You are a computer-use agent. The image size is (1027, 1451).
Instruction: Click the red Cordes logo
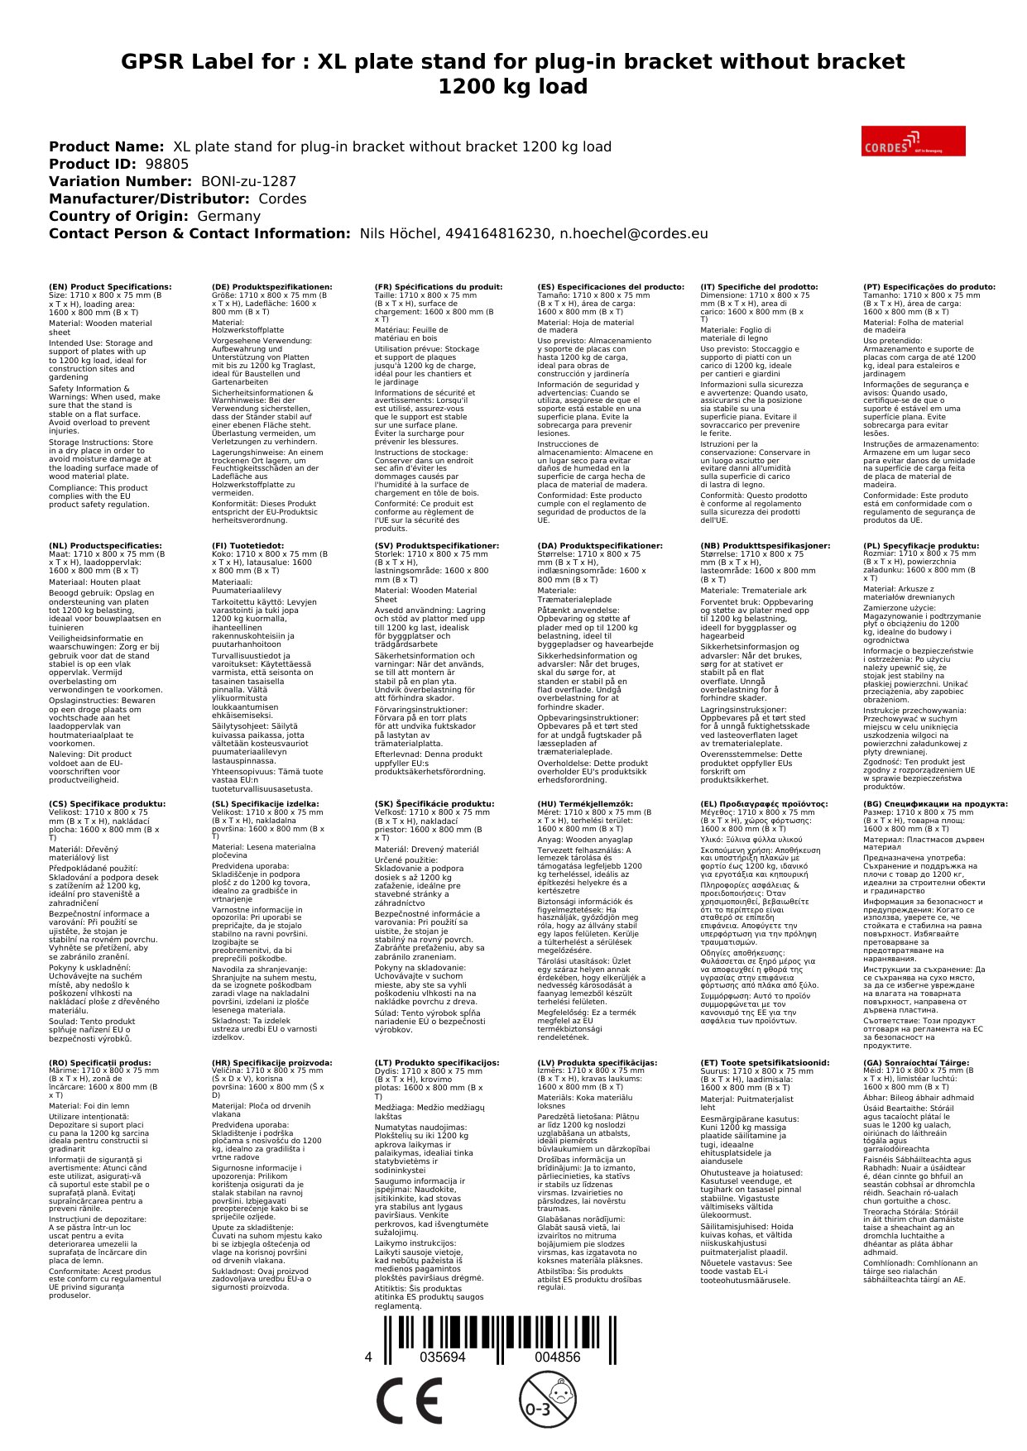click(913, 141)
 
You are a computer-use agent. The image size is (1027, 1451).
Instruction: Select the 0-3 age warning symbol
click(547, 1399)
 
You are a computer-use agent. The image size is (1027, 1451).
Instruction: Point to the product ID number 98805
click(167, 164)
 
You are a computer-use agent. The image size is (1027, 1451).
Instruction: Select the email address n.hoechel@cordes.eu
click(634, 233)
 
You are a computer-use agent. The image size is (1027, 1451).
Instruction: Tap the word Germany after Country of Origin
click(228, 216)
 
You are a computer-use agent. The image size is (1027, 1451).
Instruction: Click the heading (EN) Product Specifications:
click(110, 287)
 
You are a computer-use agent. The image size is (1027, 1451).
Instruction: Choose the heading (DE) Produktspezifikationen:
click(271, 287)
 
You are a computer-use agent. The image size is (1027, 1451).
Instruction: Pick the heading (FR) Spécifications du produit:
click(439, 287)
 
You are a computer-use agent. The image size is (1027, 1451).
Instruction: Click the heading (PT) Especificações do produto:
click(929, 287)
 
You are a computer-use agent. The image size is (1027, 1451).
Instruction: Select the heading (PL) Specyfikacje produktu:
click(920, 546)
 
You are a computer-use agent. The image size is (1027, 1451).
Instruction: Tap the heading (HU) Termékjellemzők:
click(585, 804)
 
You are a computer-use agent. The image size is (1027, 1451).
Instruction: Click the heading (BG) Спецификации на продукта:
click(935, 804)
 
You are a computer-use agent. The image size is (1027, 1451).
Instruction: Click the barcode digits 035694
click(443, 1358)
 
